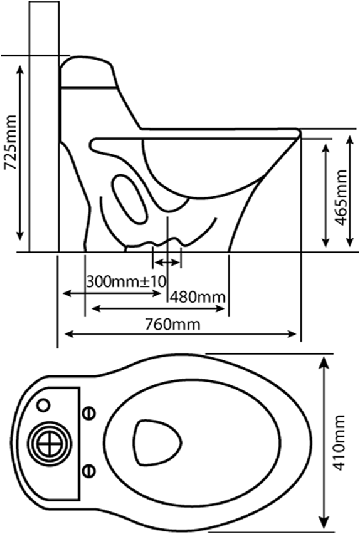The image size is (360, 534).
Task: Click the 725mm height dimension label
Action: (9, 142)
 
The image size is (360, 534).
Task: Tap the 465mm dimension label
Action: (341, 197)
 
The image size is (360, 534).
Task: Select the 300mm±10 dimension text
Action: (126, 281)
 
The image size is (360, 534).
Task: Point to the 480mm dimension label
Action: (198, 297)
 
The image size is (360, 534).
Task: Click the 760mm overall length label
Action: (172, 324)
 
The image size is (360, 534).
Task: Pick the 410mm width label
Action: (339, 442)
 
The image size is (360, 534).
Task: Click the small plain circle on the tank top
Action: (43, 405)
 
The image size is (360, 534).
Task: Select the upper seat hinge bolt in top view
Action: (90, 413)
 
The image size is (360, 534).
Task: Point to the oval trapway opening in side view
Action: (130, 199)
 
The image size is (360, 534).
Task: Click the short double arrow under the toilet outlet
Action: (167, 263)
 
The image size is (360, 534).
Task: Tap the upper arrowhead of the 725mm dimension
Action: (20, 70)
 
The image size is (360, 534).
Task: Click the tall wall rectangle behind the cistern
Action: (44, 127)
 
